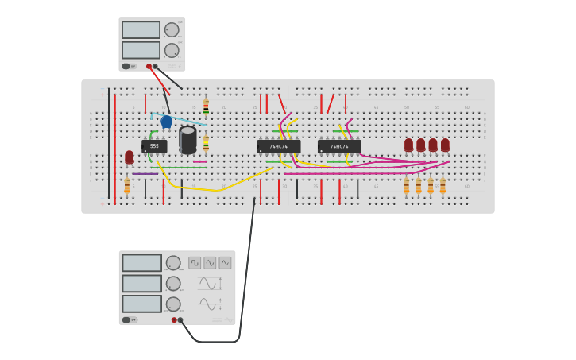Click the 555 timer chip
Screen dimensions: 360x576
pos(154,146)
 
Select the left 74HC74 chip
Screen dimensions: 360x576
pos(278,147)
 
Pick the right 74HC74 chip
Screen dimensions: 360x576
pos(339,147)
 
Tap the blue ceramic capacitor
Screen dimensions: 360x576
pos(166,122)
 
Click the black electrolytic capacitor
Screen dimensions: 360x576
pos(187,139)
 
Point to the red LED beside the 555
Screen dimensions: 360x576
pos(130,157)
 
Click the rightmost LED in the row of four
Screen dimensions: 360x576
pos(445,145)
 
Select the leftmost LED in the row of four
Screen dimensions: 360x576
pos(409,145)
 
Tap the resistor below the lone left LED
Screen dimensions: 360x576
pos(127,186)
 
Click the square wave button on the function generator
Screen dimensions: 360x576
pos(195,262)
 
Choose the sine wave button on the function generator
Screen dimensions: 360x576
pos(210,262)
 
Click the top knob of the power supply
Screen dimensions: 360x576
pos(172,30)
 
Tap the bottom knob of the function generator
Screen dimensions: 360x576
pos(173,304)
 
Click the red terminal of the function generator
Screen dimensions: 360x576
pos(174,319)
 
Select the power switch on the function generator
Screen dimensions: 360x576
pos(126,319)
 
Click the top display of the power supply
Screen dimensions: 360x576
pos(141,30)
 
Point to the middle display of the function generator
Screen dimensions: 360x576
pos(141,283)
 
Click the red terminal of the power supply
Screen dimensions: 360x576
pos(149,66)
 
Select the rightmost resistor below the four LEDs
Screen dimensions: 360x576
pos(443,186)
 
